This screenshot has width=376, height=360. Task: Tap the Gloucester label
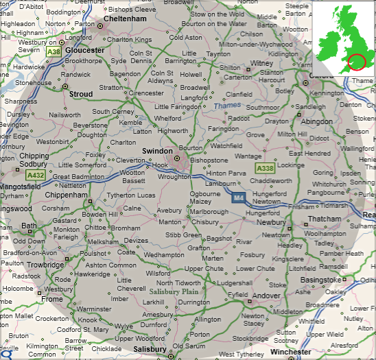click(85, 50)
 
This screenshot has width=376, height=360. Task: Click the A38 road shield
click(54, 51)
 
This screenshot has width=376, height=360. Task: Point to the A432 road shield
click(35, 176)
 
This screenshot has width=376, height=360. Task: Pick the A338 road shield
click(266, 168)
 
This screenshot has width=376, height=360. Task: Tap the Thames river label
click(227, 106)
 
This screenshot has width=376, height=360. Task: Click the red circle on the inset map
click(357, 62)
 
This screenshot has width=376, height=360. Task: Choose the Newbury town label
click(271, 222)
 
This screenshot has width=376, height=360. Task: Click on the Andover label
click(266, 296)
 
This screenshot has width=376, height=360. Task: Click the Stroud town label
click(80, 94)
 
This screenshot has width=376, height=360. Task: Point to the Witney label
click(262, 62)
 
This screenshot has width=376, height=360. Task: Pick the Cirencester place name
click(146, 93)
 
